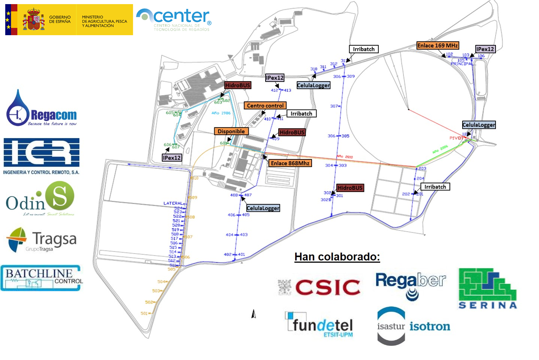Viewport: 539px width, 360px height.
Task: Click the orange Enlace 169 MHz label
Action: [437, 46]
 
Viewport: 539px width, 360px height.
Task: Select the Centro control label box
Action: [265, 106]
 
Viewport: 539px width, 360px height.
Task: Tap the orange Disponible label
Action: [231, 131]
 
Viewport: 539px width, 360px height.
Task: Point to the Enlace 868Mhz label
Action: [290, 163]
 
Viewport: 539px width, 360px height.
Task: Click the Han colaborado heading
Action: [337, 257]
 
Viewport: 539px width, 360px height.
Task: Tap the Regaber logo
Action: [411, 285]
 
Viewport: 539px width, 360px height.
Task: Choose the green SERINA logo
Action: [487, 289]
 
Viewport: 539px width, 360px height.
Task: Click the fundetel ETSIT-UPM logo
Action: [320, 324]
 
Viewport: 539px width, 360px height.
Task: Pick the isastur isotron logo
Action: [413, 326]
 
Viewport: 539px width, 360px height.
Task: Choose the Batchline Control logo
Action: [41, 278]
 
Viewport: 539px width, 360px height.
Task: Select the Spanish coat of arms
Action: [34, 19]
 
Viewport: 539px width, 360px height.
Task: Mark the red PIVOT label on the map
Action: [456, 138]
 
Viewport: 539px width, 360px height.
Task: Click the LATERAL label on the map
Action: [173, 203]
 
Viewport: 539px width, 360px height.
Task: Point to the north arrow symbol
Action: [254, 314]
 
